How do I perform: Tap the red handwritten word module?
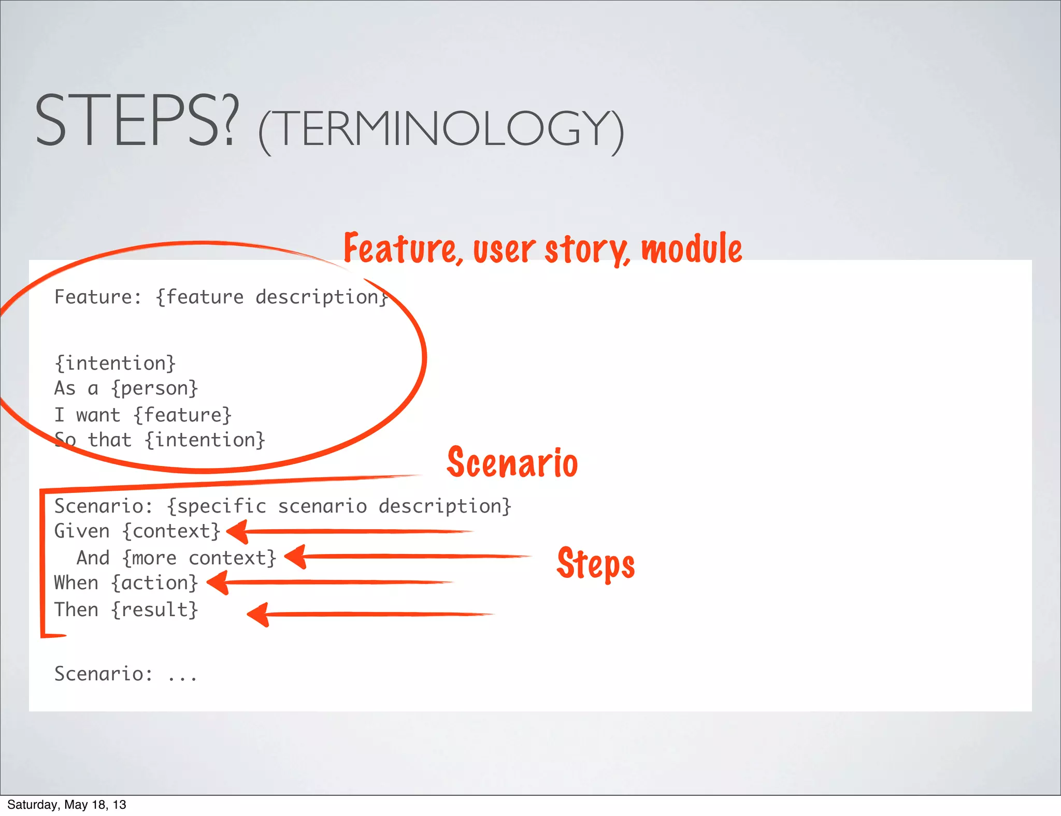click(x=692, y=249)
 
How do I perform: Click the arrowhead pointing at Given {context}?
click(x=238, y=532)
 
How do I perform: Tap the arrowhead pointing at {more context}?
click(x=296, y=557)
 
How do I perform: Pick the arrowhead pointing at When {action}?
click(x=218, y=582)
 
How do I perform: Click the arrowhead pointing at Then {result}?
click(x=258, y=615)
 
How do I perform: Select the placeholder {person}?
click(x=154, y=388)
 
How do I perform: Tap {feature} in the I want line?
click(x=182, y=415)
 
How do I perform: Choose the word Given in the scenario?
click(x=82, y=531)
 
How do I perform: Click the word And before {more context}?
click(x=93, y=558)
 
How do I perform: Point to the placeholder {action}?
click(x=154, y=583)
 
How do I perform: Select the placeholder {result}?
click(x=154, y=609)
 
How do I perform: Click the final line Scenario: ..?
click(x=104, y=674)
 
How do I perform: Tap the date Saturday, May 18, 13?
click(x=66, y=804)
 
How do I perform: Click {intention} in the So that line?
click(x=205, y=440)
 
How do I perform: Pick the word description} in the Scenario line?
click(x=445, y=506)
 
